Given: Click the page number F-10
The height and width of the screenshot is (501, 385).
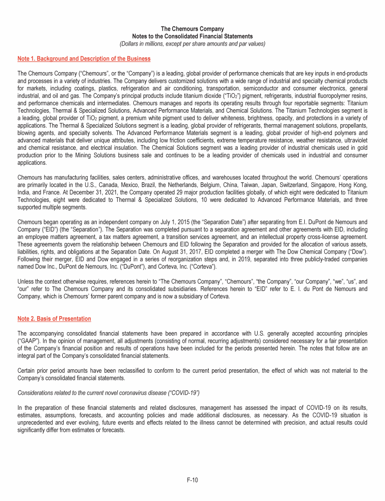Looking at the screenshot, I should tap(192, 480).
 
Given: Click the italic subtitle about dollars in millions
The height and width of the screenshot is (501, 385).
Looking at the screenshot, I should tap(192, 44).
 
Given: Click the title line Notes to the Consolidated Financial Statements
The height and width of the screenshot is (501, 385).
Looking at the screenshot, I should tap(192, 37).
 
